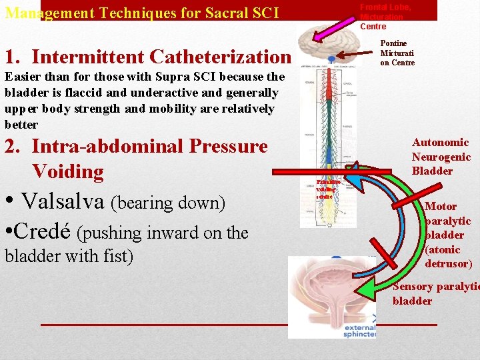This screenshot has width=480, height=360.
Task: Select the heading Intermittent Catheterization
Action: [x=161, y=57]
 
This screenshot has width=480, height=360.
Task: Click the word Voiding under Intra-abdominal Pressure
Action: [x=67, y=171]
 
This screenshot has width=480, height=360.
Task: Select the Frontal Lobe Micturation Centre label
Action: [x=385, y=17]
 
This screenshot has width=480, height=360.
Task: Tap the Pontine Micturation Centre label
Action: [x=397, y=53]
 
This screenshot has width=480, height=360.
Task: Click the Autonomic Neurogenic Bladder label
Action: [x=441, y=157]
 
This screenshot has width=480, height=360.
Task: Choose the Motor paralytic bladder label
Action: [x=447, y=235]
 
